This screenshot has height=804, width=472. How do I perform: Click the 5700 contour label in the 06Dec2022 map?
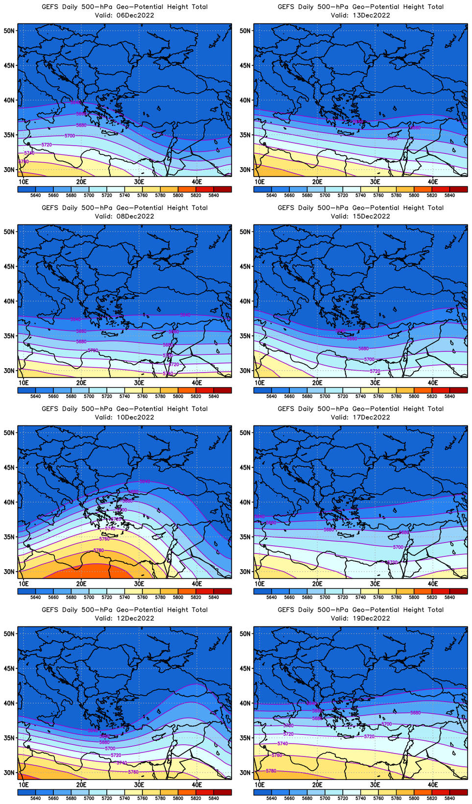coord(70,135)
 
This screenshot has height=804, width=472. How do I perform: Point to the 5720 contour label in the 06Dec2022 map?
coord(47,145)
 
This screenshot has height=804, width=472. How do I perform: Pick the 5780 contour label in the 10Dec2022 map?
coord(98,550)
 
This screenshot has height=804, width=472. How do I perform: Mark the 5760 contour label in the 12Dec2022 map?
coord(133,772)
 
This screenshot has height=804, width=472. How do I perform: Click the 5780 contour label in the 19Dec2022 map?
coord(271,771)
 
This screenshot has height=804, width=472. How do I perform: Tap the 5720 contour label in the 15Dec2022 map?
coord(375,371)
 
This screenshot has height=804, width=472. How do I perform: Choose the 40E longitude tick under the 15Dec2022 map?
coord(433,382)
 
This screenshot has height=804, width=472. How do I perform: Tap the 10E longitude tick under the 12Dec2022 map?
coord(24,784)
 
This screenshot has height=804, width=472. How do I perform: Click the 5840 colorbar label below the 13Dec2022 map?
coord(449,195)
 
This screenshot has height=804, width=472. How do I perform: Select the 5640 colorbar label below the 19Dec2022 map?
coord(271,798)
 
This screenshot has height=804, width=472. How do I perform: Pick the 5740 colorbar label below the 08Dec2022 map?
coord(124,396)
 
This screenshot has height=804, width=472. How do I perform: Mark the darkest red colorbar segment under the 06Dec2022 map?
coord(223,189)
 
